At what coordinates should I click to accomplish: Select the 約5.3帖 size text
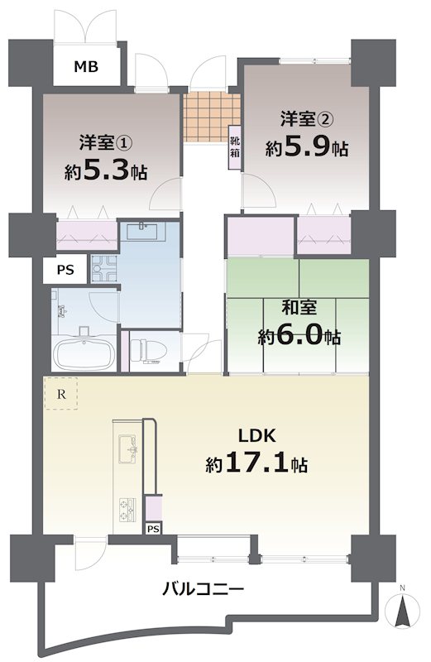(x=105, y=172)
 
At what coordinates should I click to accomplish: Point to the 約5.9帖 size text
(x=306, y=149)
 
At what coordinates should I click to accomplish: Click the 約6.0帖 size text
(x=299, y=338)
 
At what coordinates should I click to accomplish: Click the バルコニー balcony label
(x=203, y=590)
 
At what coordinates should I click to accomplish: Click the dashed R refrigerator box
(x=60, y=394)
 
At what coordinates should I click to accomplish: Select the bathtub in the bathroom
(x=84, y=355)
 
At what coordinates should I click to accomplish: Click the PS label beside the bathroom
(x=65, y=269)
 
